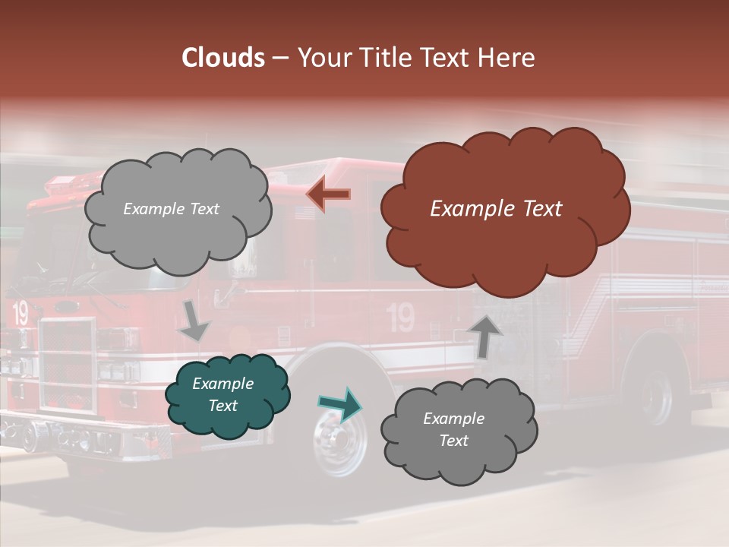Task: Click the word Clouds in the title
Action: click(222, 58)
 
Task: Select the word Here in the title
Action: click(507, 58)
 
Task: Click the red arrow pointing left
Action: click(328, 195)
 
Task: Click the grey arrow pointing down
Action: click(194, 320)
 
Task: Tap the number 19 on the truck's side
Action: click(400, 318)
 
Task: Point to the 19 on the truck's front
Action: click(20, 313)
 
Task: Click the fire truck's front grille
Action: click(68, 365)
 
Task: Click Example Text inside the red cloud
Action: click(496, 209)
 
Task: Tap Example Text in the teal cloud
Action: click(222, 394)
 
